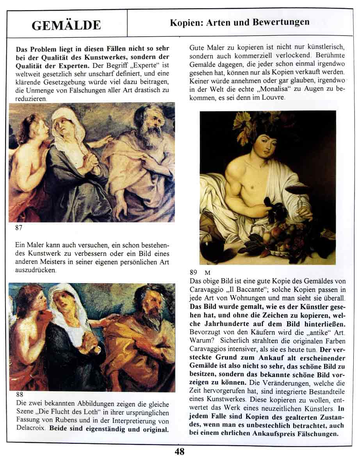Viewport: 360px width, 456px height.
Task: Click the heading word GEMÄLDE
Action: pos(66,25)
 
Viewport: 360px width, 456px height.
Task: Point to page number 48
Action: pos(179,451)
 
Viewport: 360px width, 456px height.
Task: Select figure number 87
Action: pos(19,228)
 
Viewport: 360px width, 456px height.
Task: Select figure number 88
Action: pos(20,395)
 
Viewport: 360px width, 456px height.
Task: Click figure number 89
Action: pos(194,272)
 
